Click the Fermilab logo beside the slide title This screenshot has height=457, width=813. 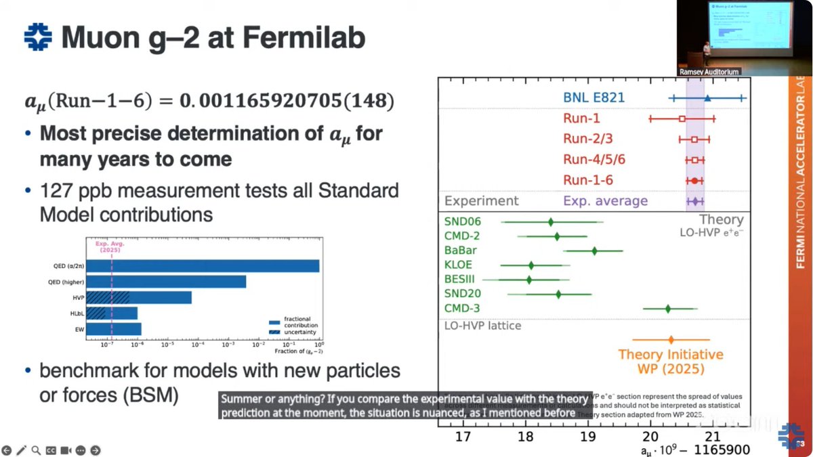pos(38,37)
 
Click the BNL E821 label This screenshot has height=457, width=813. pos(593,98)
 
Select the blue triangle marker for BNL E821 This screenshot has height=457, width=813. pos(707,98)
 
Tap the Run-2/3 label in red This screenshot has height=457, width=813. pos(585,139)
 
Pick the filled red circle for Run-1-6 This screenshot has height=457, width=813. pos(694,181)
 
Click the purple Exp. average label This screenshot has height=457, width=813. pos(605,201)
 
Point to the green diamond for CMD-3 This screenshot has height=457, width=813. pos(668,309)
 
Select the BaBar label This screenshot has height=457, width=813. pos(461,251)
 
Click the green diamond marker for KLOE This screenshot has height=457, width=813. pos(531,265)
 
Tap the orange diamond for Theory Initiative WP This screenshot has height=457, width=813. pos(671,340)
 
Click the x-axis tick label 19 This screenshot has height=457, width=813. pos(588,436)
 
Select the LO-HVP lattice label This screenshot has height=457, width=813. pos(483,326)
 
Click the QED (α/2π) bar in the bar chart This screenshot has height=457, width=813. pos(203,266)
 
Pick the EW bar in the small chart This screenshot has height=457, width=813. pos(114,329)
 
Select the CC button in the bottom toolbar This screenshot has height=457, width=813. pos(51,450)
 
